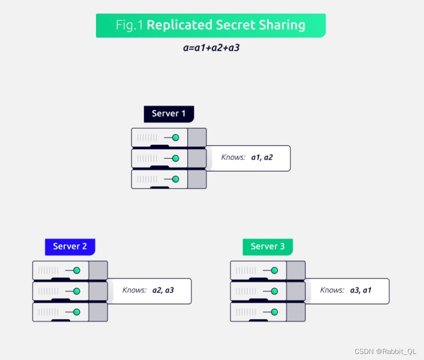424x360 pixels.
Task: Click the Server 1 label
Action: (169, 114)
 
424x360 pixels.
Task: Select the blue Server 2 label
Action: (70, 246)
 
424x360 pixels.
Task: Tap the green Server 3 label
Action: (268, 246)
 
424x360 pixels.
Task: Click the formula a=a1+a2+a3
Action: (211, 49)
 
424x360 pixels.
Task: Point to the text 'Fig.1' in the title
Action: (130, 25)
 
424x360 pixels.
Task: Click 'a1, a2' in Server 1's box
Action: (262, 157)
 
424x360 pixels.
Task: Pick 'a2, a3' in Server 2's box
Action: (163, 290)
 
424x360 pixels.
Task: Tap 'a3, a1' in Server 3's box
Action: (361, 290)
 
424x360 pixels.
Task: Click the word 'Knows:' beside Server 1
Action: (233, 157)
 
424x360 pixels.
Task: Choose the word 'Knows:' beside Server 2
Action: (134, 290)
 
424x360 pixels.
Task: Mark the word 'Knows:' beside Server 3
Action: (332, 290)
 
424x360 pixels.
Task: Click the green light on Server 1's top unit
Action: (175, 137)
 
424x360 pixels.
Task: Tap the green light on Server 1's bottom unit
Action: (175, 179)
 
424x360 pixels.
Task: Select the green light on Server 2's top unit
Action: (76, 271)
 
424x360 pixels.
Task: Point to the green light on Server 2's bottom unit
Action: (76, 312)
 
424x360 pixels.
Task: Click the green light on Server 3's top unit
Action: (274, 271)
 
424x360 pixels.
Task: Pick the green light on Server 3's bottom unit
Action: (274, 312)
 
